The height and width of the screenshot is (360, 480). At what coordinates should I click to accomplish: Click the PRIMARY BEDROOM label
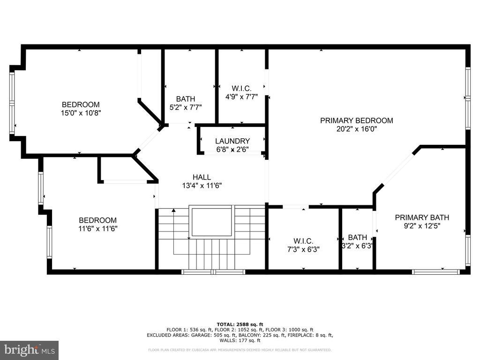(357, 120)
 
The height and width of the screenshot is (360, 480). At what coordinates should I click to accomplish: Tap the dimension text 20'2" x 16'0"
(357, 129)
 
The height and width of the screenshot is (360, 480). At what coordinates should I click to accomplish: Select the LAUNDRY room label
(232, 141)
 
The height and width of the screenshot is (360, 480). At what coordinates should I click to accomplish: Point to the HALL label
(202, 177)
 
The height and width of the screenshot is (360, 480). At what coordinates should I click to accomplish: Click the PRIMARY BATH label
(422, 217)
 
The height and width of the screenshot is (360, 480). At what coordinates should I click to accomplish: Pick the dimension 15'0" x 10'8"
(81, 113)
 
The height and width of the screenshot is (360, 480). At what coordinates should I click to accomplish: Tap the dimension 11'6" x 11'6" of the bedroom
(98, 228)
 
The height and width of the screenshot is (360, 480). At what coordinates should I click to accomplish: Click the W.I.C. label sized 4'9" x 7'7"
(241, 89)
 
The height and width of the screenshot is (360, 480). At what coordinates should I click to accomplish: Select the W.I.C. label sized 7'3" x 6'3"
(303, 241)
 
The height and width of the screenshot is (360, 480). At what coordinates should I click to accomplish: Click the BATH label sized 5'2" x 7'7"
(186, 99)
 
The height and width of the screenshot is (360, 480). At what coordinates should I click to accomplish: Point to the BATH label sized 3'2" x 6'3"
(358, 238)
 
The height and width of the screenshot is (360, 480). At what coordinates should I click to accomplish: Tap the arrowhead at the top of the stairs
(173, 210)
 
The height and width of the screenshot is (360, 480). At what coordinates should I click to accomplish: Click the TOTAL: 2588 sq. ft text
(240, 324)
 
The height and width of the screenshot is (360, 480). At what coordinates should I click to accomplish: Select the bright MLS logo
(30, 350)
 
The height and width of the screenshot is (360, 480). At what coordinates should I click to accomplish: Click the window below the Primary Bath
(435, 272)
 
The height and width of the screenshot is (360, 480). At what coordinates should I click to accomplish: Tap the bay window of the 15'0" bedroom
(12, 103)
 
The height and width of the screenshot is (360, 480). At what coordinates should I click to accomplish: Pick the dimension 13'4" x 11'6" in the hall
(202, 186)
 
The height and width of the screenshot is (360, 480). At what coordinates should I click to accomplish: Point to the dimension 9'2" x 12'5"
(422, 226)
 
